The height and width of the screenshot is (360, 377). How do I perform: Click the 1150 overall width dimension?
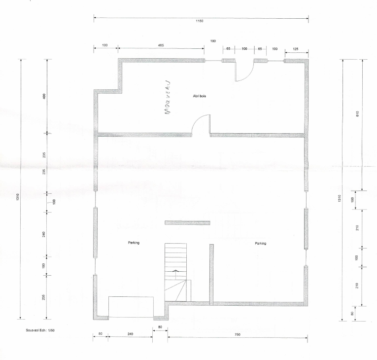pos(199,21)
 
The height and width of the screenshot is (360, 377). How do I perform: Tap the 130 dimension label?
pos(105,45)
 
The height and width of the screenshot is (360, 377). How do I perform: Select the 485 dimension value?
pos(161,45)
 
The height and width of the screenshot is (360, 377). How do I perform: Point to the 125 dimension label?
pos(296,49)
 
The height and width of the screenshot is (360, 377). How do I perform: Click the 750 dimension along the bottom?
pos(237,334)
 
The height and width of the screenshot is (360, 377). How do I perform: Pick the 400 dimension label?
pos(44,97)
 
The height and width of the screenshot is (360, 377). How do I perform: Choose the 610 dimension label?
pos(357,113)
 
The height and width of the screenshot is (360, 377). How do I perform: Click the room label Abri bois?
pos(199,96)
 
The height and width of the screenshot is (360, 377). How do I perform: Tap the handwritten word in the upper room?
pos(168,97)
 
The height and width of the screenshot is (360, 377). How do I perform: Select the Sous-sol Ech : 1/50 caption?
pos(40,330)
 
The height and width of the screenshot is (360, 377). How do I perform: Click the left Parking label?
pos(134,243)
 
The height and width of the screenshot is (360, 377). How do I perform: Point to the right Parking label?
pos(260,243)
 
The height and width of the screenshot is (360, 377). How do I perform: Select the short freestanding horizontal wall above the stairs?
pos(187,222)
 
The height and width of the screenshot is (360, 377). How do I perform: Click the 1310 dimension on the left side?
pos(17,197)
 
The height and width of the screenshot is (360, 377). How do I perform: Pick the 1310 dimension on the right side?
pos(339,198)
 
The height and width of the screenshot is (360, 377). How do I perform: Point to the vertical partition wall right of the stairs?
pos(211,275)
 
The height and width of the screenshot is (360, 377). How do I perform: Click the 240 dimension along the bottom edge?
pos(130,334)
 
